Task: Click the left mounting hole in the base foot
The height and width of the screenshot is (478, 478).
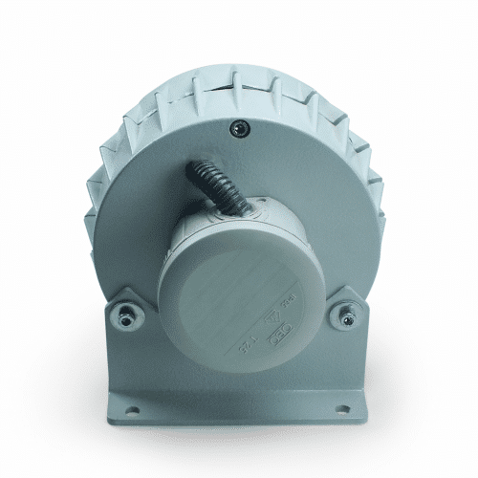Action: click(130, 412)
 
